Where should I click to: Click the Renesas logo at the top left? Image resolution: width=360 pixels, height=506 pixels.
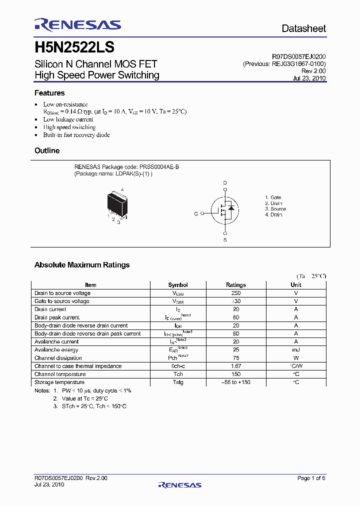[x=77, y=24]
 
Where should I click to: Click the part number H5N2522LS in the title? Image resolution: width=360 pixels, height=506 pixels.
[x=74, y=47]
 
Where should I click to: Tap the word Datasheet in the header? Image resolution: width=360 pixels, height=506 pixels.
[x=303, y=28]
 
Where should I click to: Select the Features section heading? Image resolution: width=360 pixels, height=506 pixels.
[x=49, y=93]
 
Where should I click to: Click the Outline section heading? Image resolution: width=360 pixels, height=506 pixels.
[x=47, y=150]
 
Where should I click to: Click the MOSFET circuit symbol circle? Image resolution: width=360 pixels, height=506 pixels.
[x=224, y=213]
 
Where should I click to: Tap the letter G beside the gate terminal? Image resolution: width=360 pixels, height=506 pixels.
[x=196, y=213]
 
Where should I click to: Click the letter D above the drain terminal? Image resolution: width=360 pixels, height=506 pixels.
[x=225, y=182]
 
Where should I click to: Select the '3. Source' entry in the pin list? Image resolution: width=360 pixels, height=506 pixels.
[x=275, y=209]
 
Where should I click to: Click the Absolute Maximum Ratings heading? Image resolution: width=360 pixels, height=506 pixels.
[x=82, y=265]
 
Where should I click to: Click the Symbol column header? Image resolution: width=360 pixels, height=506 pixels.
[x=178, y=285]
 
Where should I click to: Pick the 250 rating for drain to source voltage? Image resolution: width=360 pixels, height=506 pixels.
[x=236, y=293]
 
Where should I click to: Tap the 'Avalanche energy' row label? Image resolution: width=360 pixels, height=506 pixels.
[x=56, y=350]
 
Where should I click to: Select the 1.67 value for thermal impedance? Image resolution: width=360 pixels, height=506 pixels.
[x=236, y=366]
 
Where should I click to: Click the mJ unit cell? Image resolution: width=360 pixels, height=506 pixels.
[x=296, y=350]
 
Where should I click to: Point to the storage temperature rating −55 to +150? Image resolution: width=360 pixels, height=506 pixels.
[x=236, y=382]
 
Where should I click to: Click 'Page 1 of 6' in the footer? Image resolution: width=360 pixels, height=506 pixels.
[x=311, y=478]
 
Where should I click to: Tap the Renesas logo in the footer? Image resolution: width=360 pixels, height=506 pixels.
[x=179, y=484]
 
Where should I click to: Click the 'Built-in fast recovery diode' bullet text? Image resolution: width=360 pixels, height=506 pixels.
[x=76, y=135]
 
